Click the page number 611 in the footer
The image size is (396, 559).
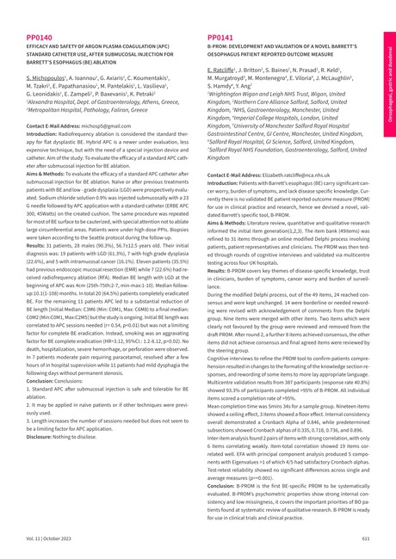(x=366, y=537)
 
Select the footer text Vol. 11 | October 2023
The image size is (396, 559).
(x=47, y=537)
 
